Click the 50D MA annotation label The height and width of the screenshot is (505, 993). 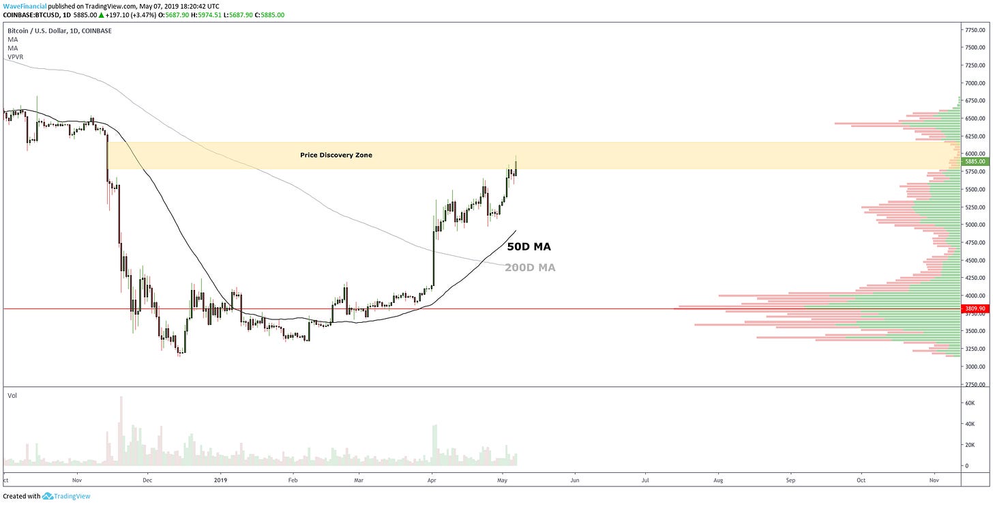click(529, 247)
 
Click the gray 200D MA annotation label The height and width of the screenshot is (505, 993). click(530, 268)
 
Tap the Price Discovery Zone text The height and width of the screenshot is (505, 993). click(336, 156)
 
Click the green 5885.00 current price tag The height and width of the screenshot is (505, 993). click(974, 162)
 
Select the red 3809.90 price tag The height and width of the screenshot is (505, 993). click(974, 308)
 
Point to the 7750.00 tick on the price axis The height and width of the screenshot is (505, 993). click(974, 30)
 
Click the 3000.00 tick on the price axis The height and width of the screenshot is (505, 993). click(974, 366)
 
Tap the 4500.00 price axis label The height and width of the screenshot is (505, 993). click(974, 260)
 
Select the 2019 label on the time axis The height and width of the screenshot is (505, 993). click(220, 480)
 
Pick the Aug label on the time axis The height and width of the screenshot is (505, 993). click(718, 480)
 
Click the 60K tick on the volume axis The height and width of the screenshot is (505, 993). click(968, 403)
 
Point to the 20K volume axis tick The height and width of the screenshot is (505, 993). click(968, 445)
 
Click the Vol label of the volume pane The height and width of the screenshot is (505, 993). click(12, 395)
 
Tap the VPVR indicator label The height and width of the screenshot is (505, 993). click(15, 57)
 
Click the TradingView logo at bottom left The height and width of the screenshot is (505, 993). click(66, 496)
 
